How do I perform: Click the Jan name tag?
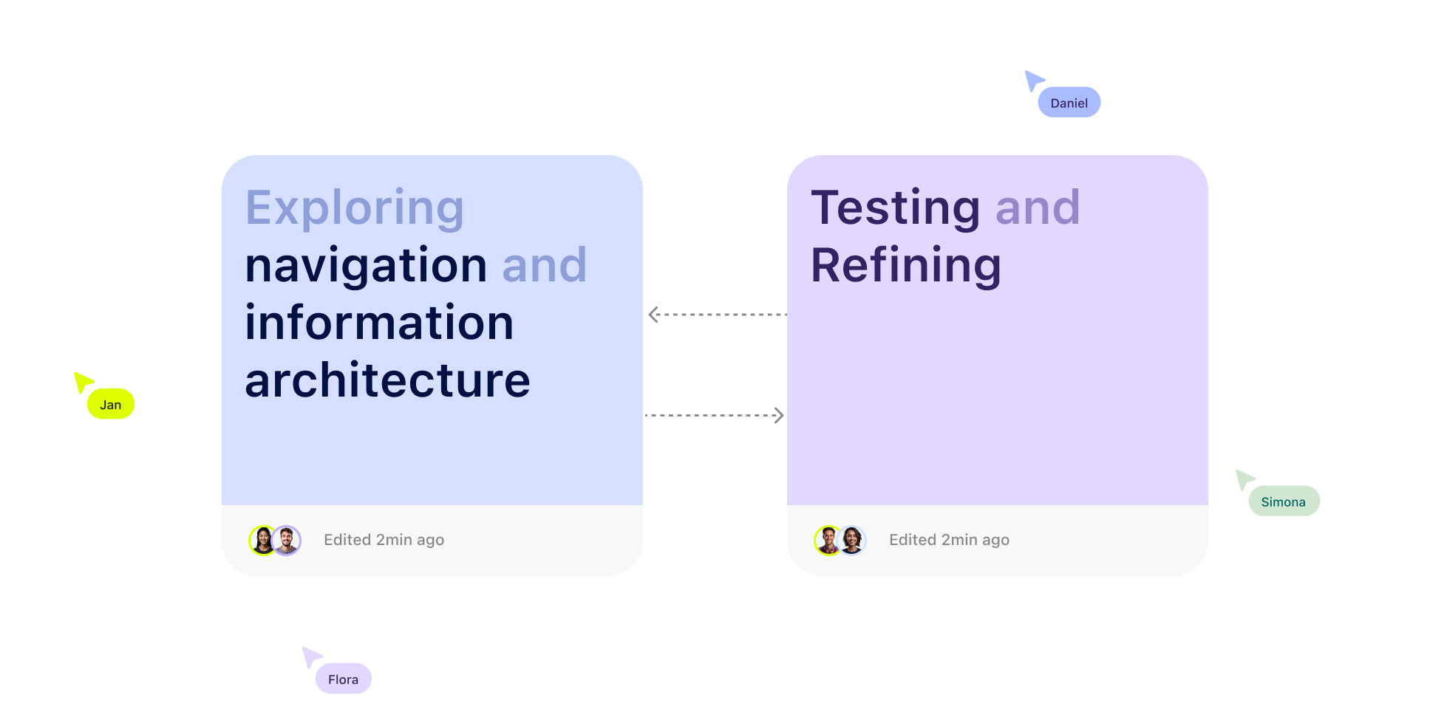pos(111,404)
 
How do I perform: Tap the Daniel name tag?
pos(1069,103)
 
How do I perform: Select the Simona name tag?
pos(1284,501)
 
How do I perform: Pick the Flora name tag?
pos(343,679)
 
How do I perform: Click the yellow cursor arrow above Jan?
pos(82,381)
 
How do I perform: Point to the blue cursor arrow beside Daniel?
pos(1032,80)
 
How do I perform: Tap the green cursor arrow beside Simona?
pos(1244,479)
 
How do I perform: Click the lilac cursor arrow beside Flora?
pos(310,656)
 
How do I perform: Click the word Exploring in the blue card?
pos(355,208)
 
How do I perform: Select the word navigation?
pos(366,265)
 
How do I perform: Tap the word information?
pos(379,323)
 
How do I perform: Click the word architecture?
pos(387,380)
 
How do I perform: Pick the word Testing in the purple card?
pos(895,208)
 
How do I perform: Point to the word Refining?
pos(906,265)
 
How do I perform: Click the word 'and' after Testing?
pos(1038,208)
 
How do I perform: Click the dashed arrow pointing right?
pos(715,416)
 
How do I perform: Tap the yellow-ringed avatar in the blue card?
pos(262,541)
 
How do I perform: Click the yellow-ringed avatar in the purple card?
pos(828,541)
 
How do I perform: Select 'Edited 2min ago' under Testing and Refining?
pos(949,540)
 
